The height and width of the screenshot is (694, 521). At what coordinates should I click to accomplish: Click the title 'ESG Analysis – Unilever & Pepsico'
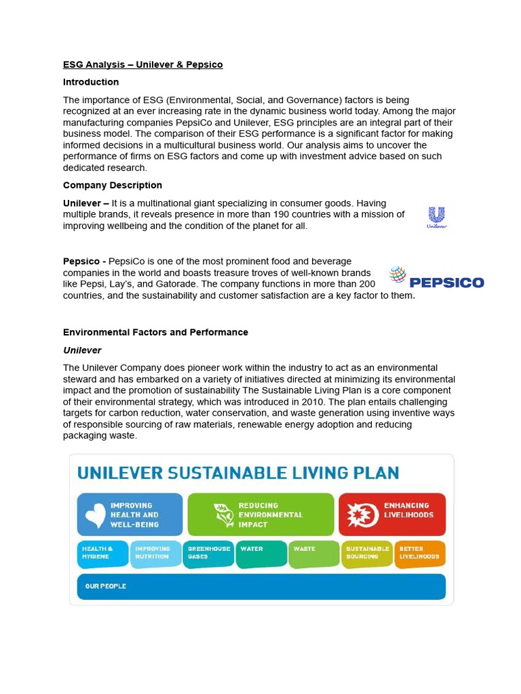(x=142, y=64)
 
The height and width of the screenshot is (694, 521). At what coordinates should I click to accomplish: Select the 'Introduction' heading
(x=91, y=82)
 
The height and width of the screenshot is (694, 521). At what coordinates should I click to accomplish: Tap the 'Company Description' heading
(x=113, y=185)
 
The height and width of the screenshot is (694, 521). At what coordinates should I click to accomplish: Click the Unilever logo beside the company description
(x=436, y=218)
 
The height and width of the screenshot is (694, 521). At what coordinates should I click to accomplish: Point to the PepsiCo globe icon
(x=398, y=274)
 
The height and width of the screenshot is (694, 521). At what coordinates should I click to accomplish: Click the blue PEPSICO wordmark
(x=446, y=282)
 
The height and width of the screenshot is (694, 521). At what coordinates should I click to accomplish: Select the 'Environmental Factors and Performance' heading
(x=155, y=332)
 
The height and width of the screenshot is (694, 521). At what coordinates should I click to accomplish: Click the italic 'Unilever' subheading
(x=82, y=350)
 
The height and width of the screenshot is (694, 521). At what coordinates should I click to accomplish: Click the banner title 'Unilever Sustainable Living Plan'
(x=238, y=472)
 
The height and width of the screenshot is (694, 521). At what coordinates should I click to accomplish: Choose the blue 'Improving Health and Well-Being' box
(x=130, y=514)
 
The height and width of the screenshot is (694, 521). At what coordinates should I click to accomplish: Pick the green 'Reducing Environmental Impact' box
(x=260, y=514)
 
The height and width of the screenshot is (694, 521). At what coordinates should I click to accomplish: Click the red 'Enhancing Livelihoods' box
(x=392, y=514)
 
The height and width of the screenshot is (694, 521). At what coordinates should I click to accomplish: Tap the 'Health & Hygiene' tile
(x=102, y=553)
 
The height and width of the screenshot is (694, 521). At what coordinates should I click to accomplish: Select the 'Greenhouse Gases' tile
(x=208, y=553)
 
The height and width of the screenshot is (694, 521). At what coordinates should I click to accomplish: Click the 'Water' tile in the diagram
(x=261, y=553)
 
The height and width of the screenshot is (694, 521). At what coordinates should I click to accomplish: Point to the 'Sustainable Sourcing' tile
(x=367, y=553)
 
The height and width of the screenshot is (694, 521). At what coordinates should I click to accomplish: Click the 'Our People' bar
(x=261, y=586)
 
